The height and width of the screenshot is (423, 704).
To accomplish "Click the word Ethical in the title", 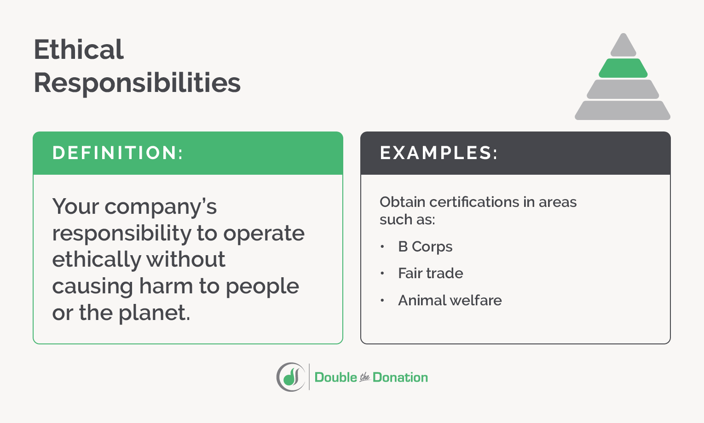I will click(x=79, y=50).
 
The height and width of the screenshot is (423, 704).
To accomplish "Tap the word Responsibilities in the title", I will click(x=137, y=83).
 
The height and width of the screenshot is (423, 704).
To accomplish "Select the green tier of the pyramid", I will click(x=623, y=68).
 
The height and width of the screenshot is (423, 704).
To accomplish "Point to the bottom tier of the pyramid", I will click(x=623, y=110).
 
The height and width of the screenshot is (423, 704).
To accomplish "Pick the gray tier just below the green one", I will click(x=623, y=89).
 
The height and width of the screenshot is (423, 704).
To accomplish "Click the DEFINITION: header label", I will click(x=118, y=153).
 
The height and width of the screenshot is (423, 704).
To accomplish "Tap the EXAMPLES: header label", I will click(x=439, y=153).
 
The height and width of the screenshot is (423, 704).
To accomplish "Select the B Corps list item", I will click(x=425, y=247).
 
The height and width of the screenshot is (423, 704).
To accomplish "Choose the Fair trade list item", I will click(x=431, y=274).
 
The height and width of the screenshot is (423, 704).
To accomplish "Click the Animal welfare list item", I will click(x=450, y=300).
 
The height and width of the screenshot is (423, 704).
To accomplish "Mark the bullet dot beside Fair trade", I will click(x=382, y=274).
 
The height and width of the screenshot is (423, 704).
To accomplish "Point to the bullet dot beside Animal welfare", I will click(x=382, y=300).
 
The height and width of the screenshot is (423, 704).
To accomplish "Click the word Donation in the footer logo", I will click(x=400, y=377).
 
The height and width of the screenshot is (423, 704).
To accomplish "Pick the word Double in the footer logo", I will click(x=336, y=377).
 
